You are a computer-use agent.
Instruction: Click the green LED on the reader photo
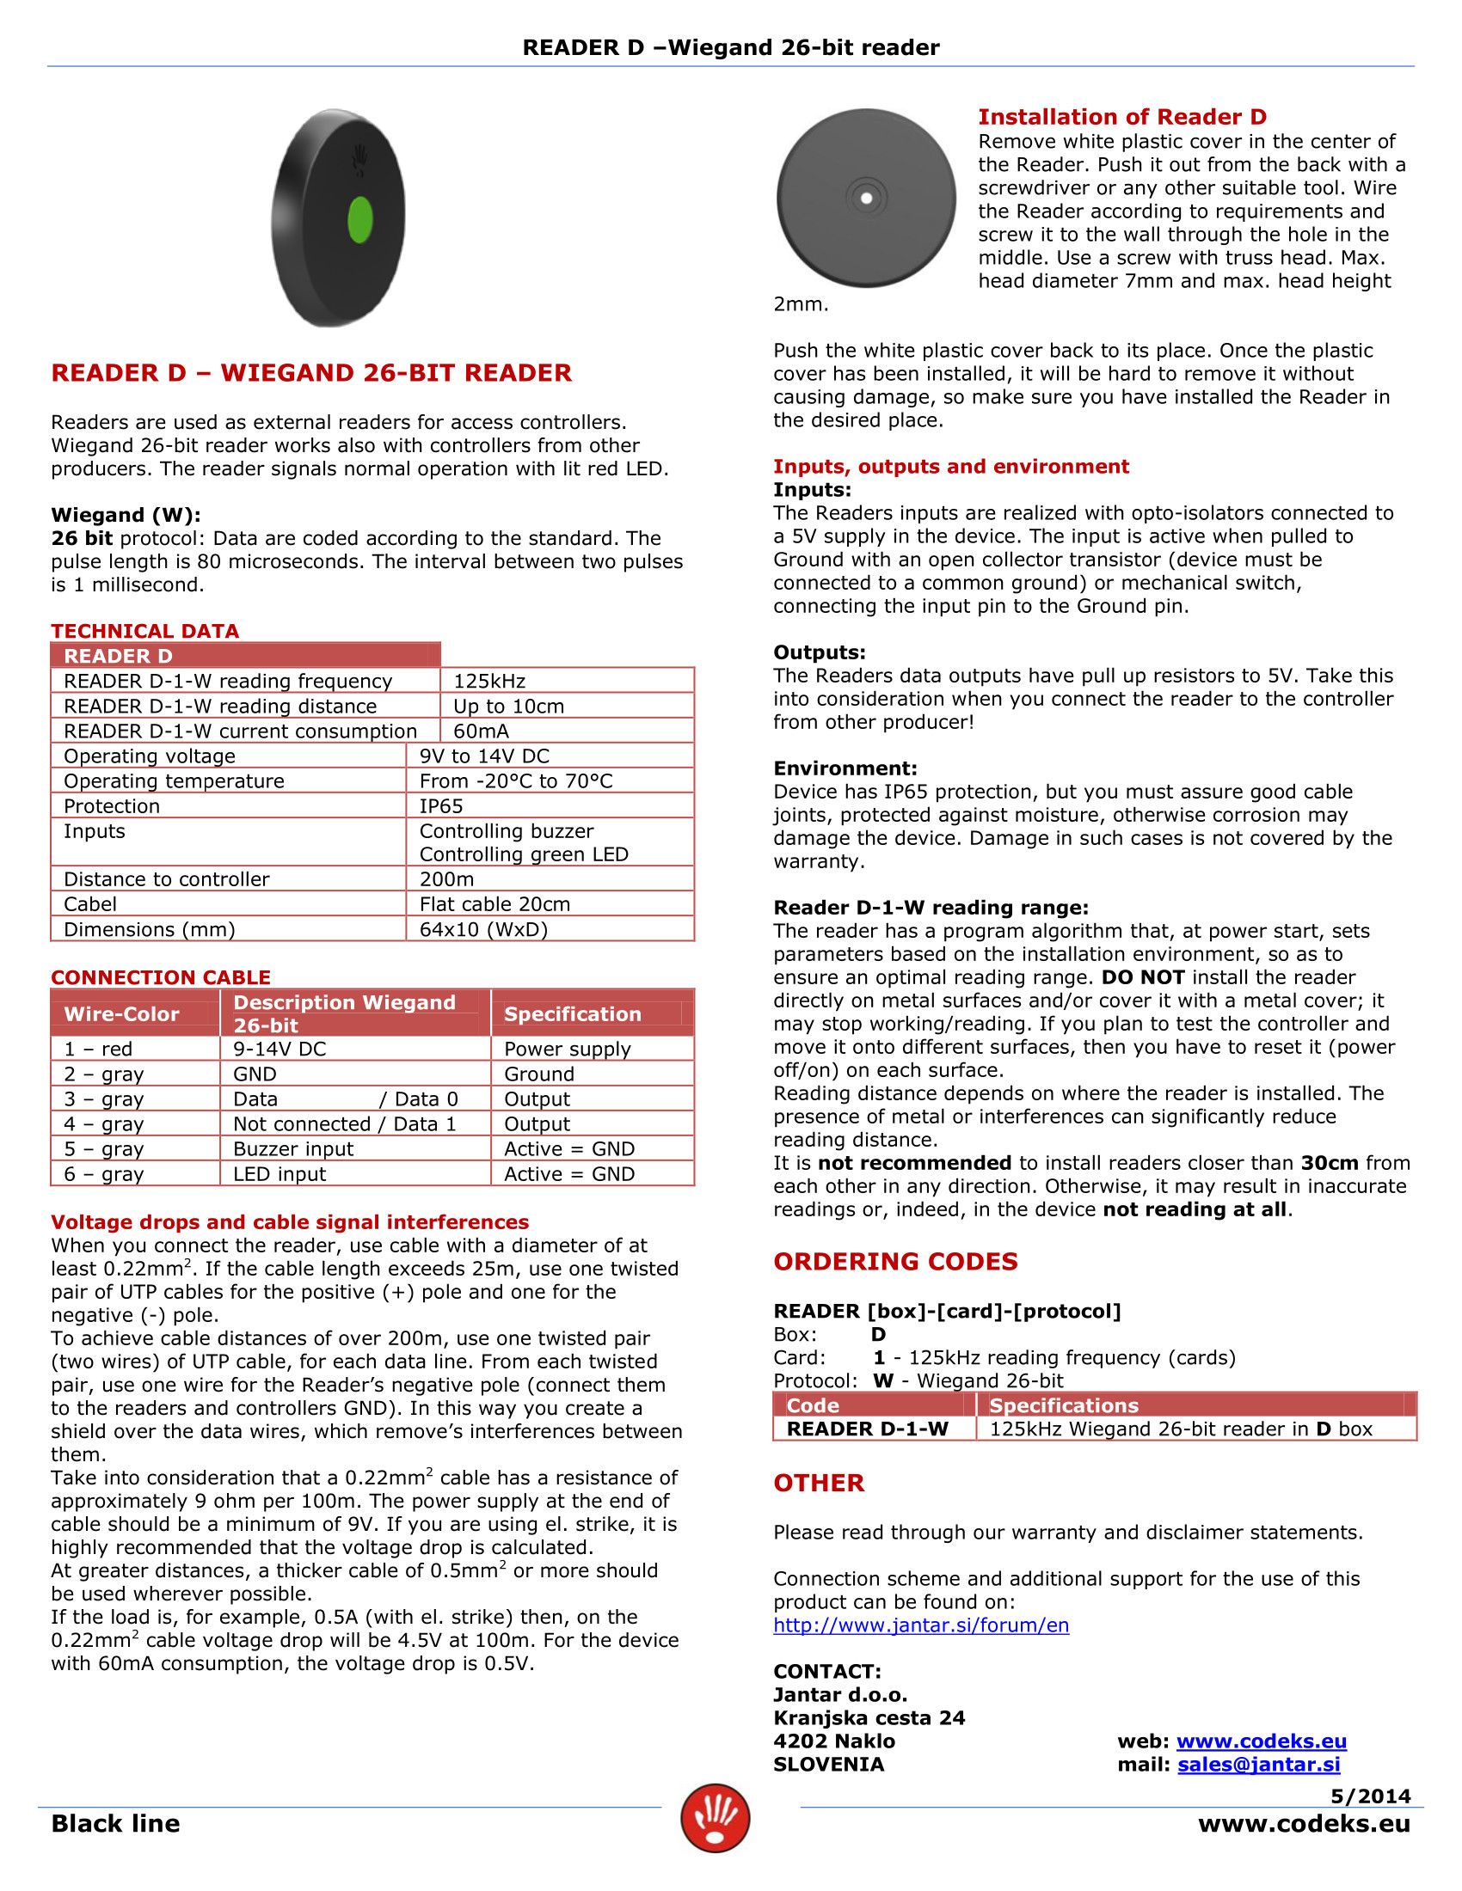[x=359, y=219]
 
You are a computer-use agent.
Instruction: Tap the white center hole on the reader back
[x=866, y=199]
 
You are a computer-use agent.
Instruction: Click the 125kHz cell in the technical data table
[x=489, y=681]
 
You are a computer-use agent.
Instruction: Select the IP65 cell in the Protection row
[x=441, y=806]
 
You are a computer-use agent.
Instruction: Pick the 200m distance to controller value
[x=446, y=878]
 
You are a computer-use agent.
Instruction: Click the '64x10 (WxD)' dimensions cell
[x=483, y=929]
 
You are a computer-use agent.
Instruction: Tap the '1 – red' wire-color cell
[x=98, y=1049]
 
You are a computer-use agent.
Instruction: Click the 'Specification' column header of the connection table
[x=572, y=1014]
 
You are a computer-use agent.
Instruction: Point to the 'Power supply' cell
[x=568, y=1049]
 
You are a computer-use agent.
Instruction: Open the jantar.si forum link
[x=921, y=1625]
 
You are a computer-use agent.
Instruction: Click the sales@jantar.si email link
[x=1258, y=1765]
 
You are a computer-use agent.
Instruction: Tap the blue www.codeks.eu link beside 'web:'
[x=1261, y=1741]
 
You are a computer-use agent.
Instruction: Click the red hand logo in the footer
[x=715, y=1818]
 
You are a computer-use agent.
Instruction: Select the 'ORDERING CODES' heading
[x=895, y=1262]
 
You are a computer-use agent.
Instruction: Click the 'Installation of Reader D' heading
[x=1121, y=117]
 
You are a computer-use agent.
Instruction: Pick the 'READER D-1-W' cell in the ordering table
[x=867, y=1429]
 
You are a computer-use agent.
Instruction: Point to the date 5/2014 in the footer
[x=1370, y=1796]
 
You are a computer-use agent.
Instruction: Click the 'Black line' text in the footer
[x=115, y=1823]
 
